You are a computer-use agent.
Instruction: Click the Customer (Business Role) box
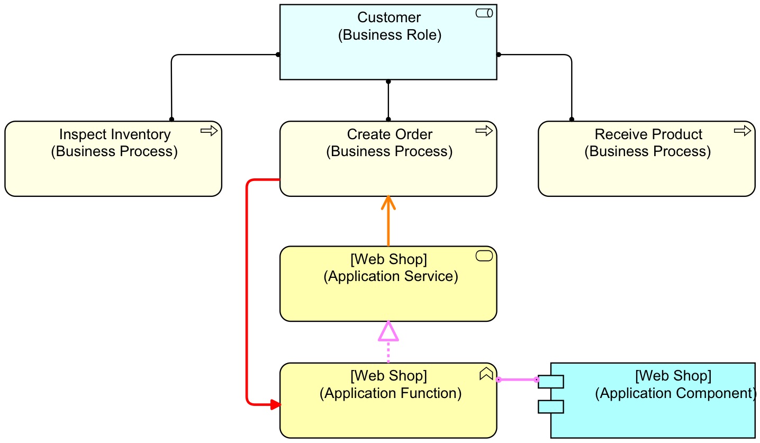388,53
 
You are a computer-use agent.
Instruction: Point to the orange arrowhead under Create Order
388,202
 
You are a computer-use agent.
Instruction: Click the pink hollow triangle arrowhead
388,332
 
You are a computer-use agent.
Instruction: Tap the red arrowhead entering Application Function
274,405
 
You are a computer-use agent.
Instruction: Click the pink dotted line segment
388,352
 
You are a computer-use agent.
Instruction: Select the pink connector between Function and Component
517,379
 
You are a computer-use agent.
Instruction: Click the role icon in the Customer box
484,13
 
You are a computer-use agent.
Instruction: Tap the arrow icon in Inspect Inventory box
209,131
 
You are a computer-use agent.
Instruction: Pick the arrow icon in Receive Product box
743,131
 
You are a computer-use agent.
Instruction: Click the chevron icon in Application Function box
486,374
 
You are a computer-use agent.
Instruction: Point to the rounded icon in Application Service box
484,256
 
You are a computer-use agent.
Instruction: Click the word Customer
389,17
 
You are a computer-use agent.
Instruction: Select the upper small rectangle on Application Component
551,382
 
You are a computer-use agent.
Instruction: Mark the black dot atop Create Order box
388,119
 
